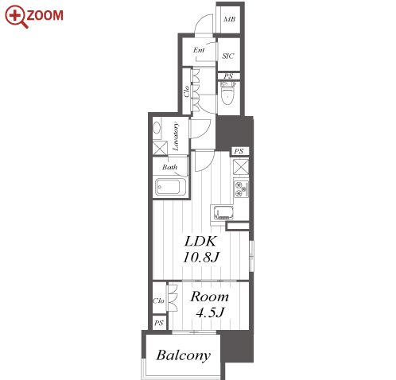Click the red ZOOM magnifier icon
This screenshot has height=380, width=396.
click(x=16, y=17)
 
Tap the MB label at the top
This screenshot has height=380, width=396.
click(x=230, y=19)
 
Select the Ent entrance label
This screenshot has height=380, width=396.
click(x=199, y=50)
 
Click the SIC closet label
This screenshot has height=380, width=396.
click(x=228, y=56)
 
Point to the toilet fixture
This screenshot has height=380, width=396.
click(x=227, y=93)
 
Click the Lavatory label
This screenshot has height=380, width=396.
click(x=176, y=136)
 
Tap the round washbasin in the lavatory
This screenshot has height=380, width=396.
click(x=157, y=129)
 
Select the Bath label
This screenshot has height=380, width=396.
click(x=169, y=167)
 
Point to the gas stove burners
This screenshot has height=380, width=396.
click(x=241, y=189)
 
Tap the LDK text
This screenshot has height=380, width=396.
click(x=200, y=241)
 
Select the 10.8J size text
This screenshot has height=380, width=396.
click(x=201, y=257)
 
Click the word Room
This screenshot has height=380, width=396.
click(x=209, y=297)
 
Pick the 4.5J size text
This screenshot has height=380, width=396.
click(x=210, y=312)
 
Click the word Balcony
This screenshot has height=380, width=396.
click(x=184, y=355)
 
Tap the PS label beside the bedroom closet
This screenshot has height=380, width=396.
click(x=159, y=323)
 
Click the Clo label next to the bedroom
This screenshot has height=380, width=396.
click(x=158, y=301)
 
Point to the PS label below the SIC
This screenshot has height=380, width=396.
click(x=228, y=76)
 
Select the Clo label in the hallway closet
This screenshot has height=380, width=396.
click(x=187, y=91)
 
